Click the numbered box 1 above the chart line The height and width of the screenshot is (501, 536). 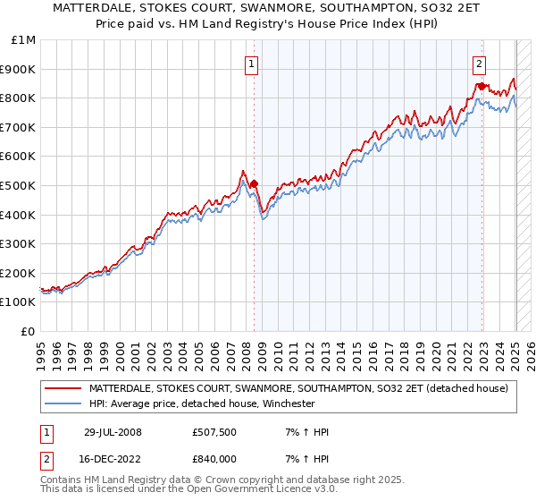(252, 64)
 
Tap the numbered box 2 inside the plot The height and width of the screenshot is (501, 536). (480, 64)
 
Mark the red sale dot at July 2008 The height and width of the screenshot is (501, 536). (254, 183)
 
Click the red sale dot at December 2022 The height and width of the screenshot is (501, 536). (482, 87)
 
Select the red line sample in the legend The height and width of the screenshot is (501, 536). (64, 388)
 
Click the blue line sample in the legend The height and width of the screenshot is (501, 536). (64, 403)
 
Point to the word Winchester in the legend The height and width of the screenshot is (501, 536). (286, 403)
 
